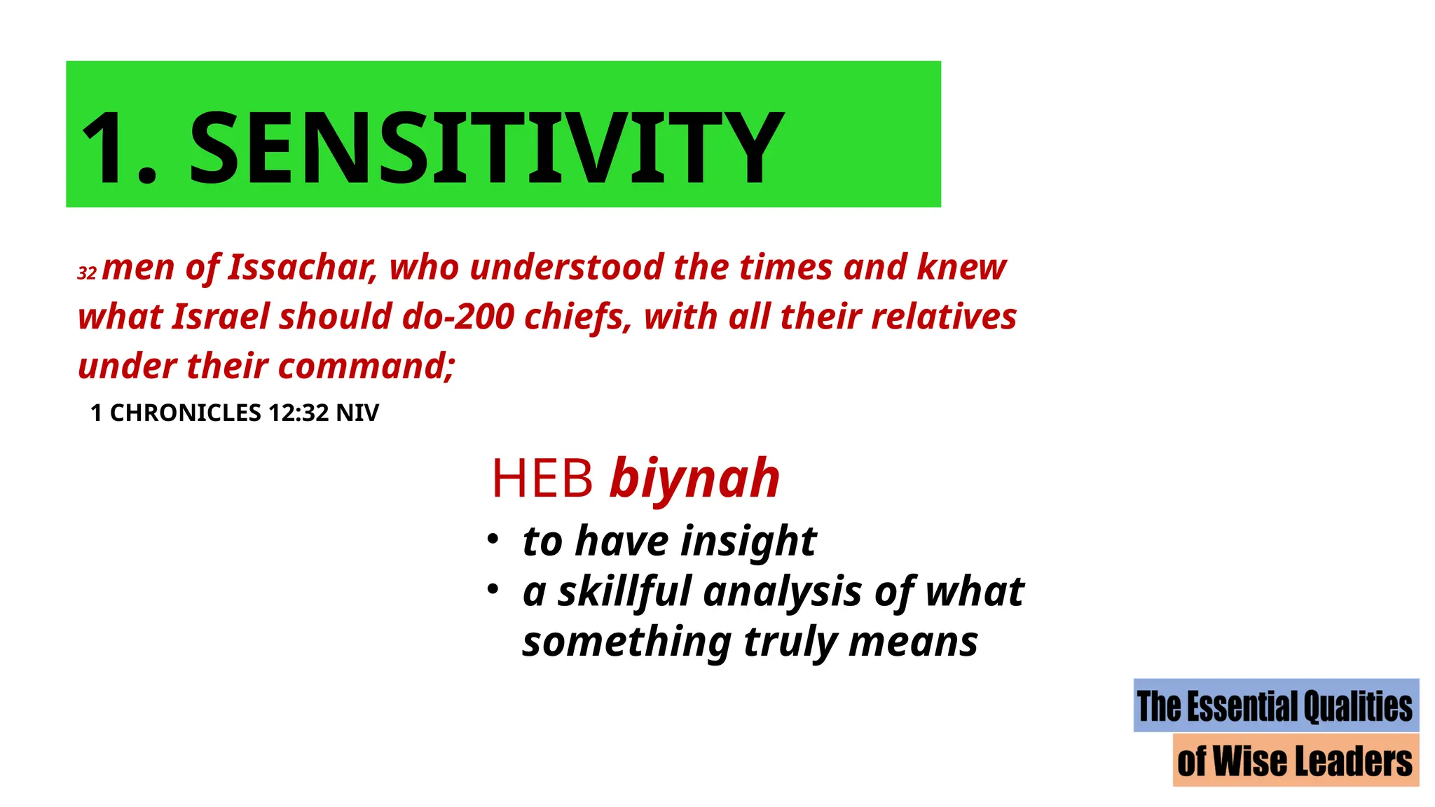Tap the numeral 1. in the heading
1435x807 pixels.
(119, 148)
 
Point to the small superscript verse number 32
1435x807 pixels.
(87, 273)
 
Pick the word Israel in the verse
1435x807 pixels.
(221, 317)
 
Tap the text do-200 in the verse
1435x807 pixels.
(458, 317)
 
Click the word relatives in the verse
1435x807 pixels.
(943, 317)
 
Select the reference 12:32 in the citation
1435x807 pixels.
(298, 413)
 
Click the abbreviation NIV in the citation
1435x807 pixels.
(357, 413)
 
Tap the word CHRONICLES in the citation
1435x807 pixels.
(185, 413)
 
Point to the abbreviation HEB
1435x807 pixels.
(542, 479)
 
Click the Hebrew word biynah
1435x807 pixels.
(694, 479)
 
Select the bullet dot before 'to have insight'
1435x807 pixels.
(493, 539)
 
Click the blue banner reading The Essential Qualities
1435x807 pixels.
(1275, 705)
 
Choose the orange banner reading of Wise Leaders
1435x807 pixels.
(1295, 761)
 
